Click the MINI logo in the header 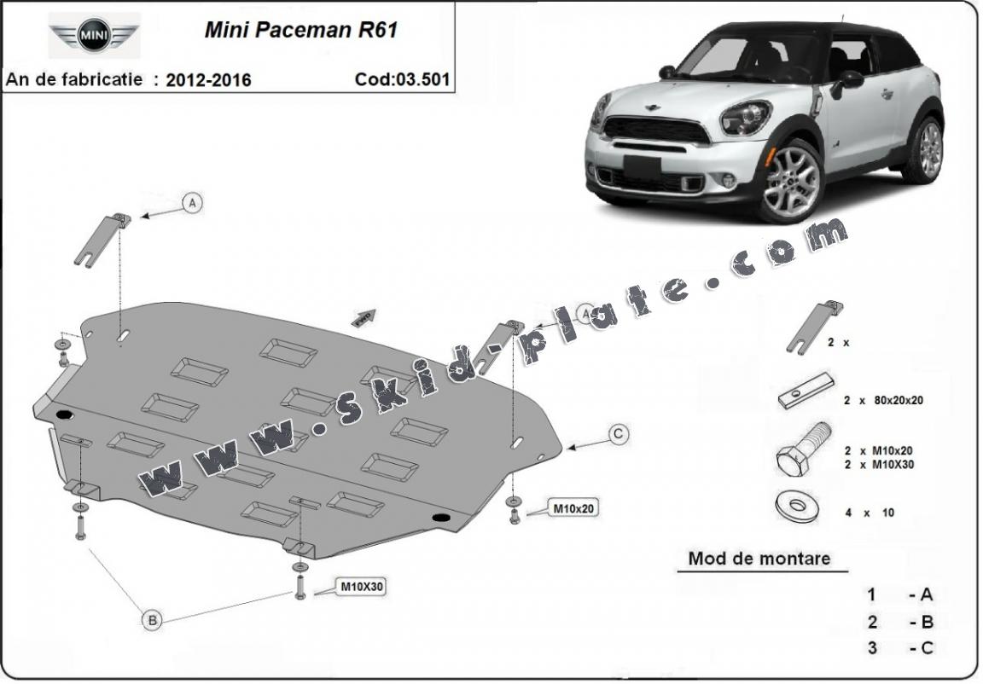94,35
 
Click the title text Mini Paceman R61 300,30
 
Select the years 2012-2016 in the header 208,80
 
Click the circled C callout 619,435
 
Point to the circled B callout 152,620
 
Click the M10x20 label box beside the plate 573,509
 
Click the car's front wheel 791,179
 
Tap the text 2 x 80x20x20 883,399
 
